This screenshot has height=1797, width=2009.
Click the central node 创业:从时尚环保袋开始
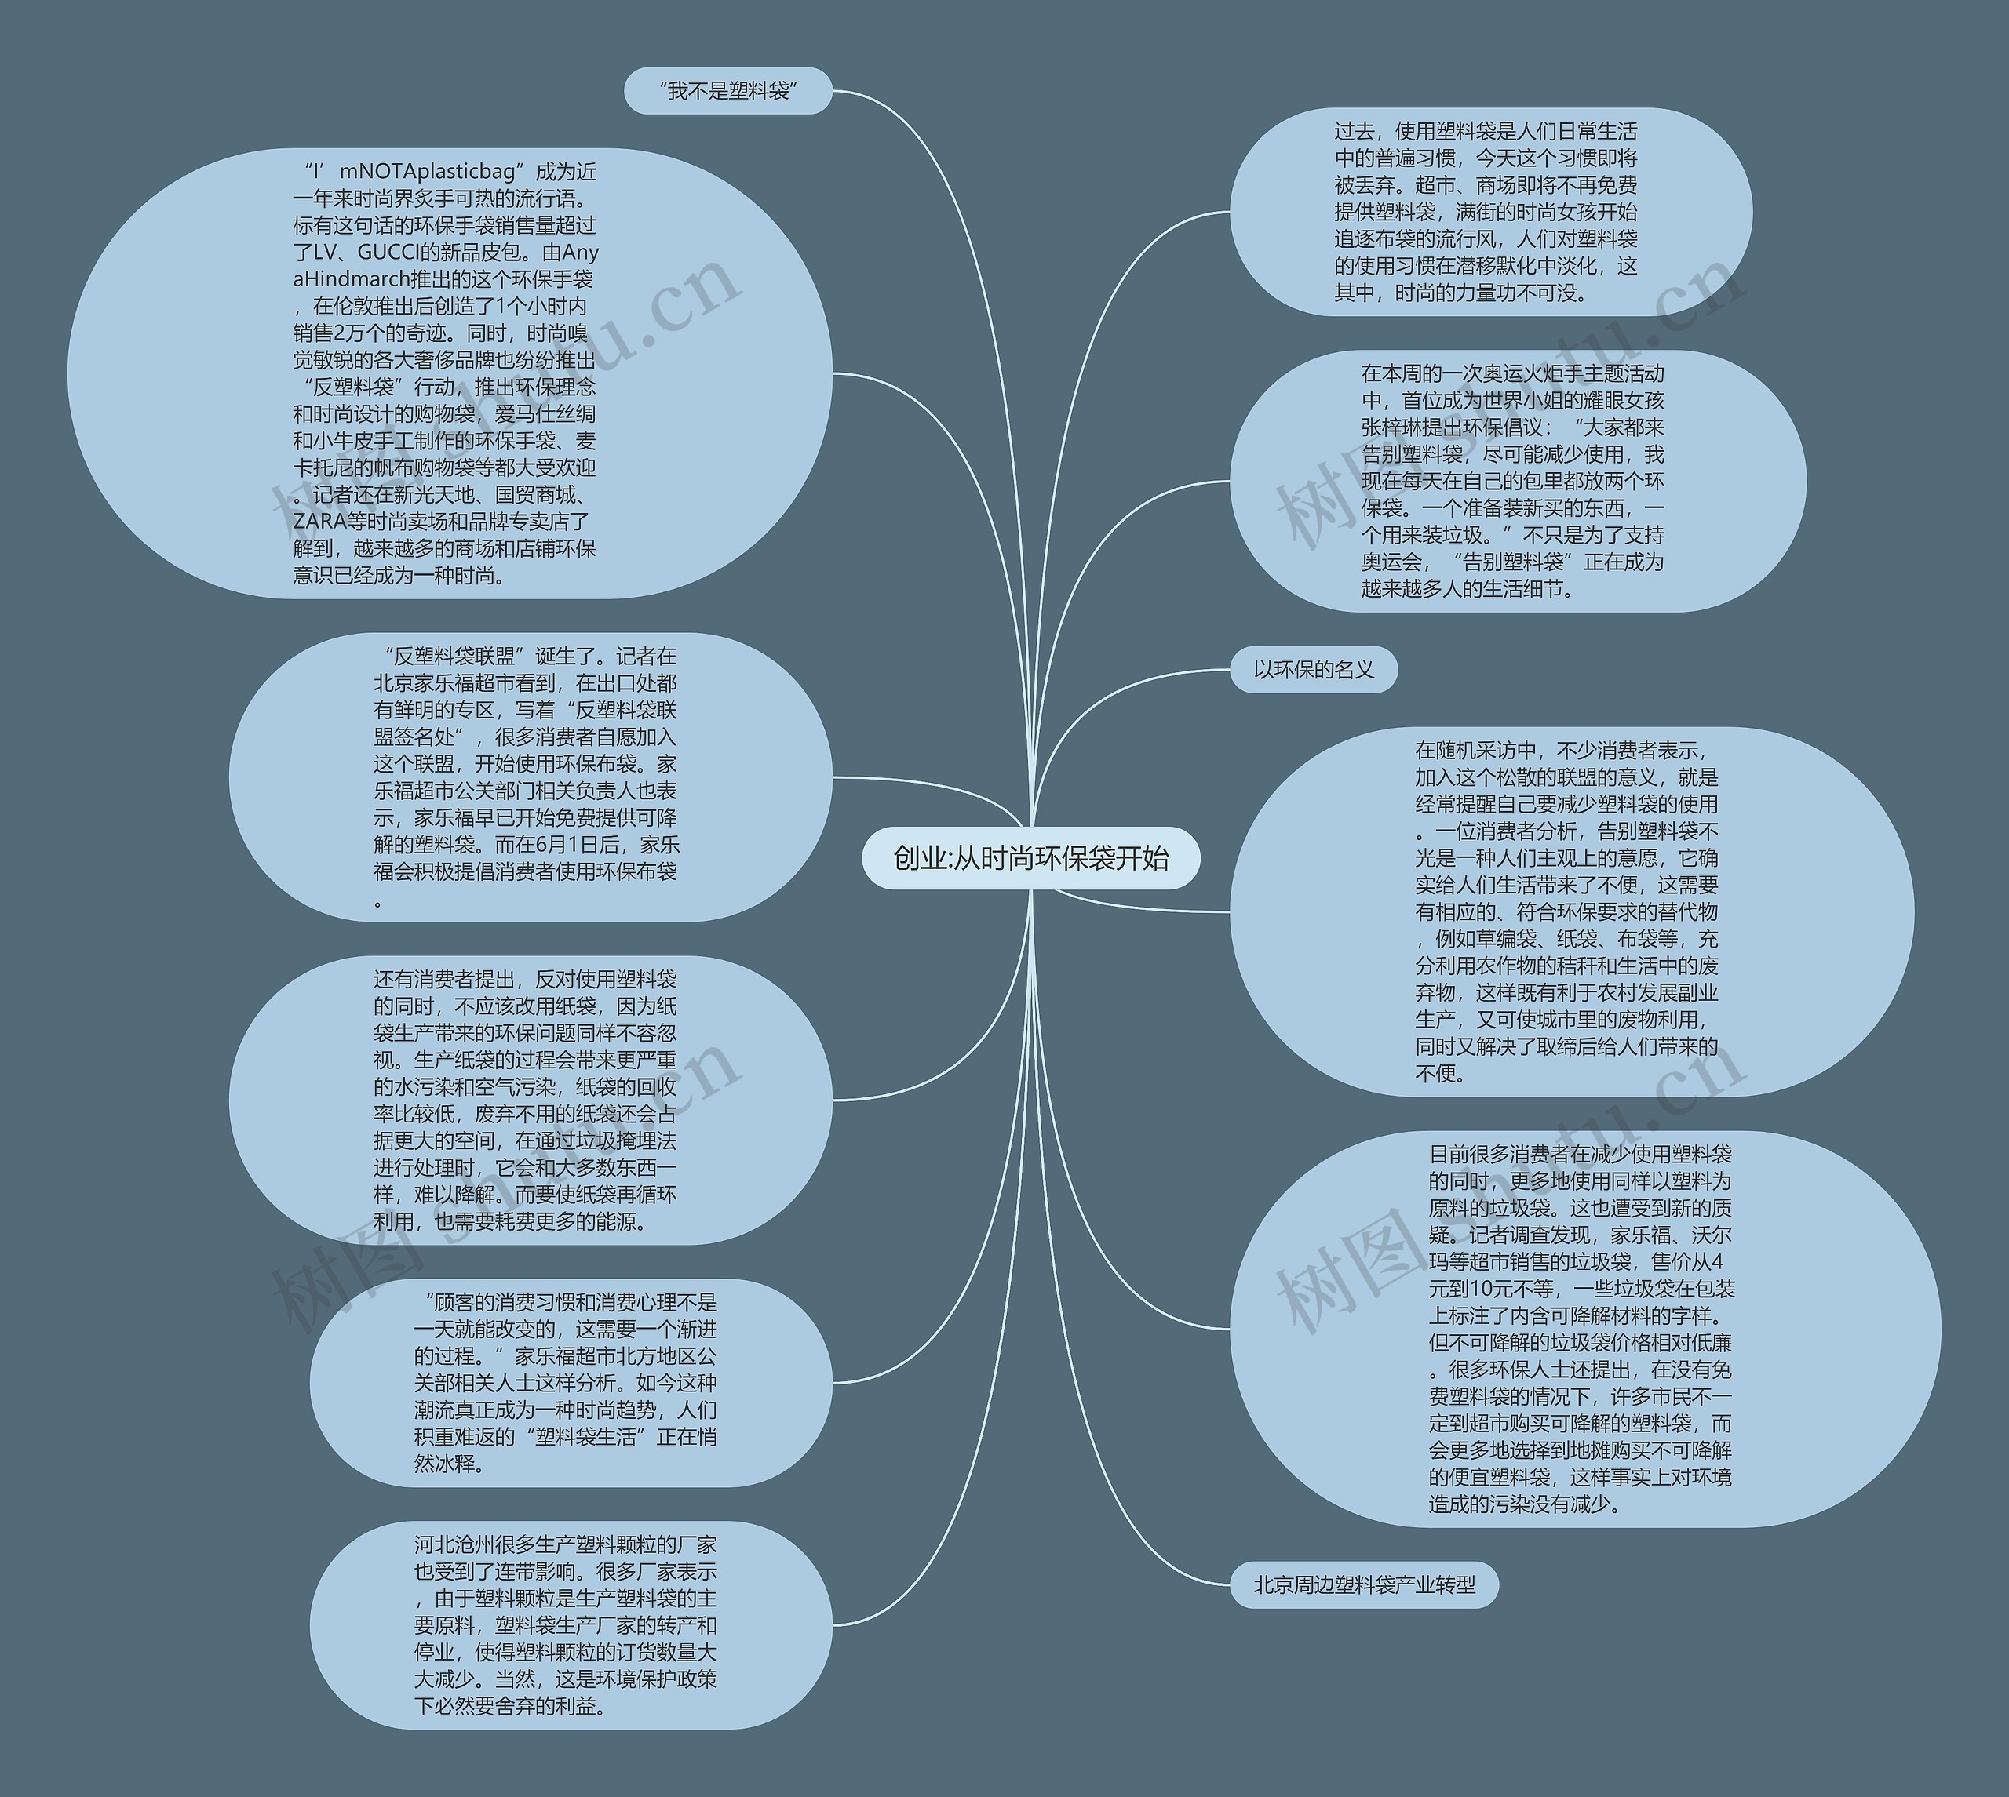pos(1030,858)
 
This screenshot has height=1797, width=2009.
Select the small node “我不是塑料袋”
pos(728,92)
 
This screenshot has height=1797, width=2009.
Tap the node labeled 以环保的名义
pos(1313,671)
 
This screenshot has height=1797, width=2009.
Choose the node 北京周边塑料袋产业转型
pos(1363,1584)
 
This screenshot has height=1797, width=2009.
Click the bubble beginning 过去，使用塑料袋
pos(1489,213)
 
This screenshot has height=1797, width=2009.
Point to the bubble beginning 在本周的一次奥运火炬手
pos(1516,482)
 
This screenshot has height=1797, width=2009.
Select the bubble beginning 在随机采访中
pos(1570,911)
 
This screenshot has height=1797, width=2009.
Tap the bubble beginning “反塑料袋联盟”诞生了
pos(531,777)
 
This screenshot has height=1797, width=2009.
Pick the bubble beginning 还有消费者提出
pos(531,1100)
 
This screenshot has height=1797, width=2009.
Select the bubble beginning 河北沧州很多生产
pos(570,1625)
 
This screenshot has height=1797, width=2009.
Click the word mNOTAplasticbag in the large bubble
pos(428,172)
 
